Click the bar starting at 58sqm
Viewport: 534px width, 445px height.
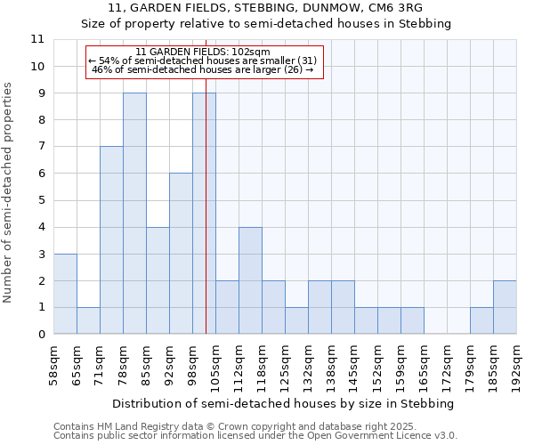[65, 294]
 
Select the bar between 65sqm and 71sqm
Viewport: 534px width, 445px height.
[88, 320]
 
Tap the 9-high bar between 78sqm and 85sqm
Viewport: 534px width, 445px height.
[134, 214]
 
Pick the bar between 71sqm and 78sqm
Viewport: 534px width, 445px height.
[111, 240]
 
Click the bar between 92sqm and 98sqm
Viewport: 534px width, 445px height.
[181, 254]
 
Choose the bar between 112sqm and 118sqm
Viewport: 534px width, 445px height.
[250, 280]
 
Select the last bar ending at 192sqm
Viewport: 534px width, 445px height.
[505, 307]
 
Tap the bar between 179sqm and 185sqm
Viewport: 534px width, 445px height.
[481, 320]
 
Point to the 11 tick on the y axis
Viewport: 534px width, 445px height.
[37, 39]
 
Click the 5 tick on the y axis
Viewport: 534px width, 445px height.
[40, 200]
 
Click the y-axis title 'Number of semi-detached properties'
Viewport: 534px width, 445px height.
[9, 193]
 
